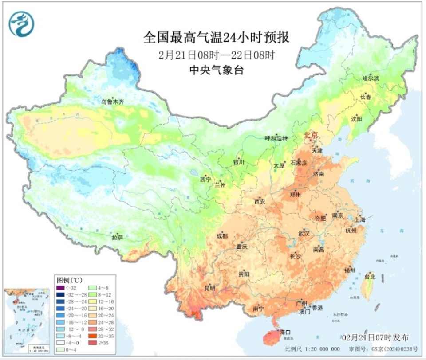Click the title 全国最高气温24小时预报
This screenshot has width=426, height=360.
[x=216, y=38]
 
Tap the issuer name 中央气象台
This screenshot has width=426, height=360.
[x=216, y=70]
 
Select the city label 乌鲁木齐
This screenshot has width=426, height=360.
[x=112, y=102]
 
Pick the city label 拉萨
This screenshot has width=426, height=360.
[x=117, y=238]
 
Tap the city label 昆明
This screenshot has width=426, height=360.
[x=210, y=288]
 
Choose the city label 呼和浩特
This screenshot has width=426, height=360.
[x=276, y=138]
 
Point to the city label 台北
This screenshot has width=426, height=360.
[x=370, y=277]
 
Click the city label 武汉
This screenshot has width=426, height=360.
[x=304, y=233]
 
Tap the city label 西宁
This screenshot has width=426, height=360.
[x=205, y=180]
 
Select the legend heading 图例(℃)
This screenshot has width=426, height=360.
[x=69, y=281]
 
